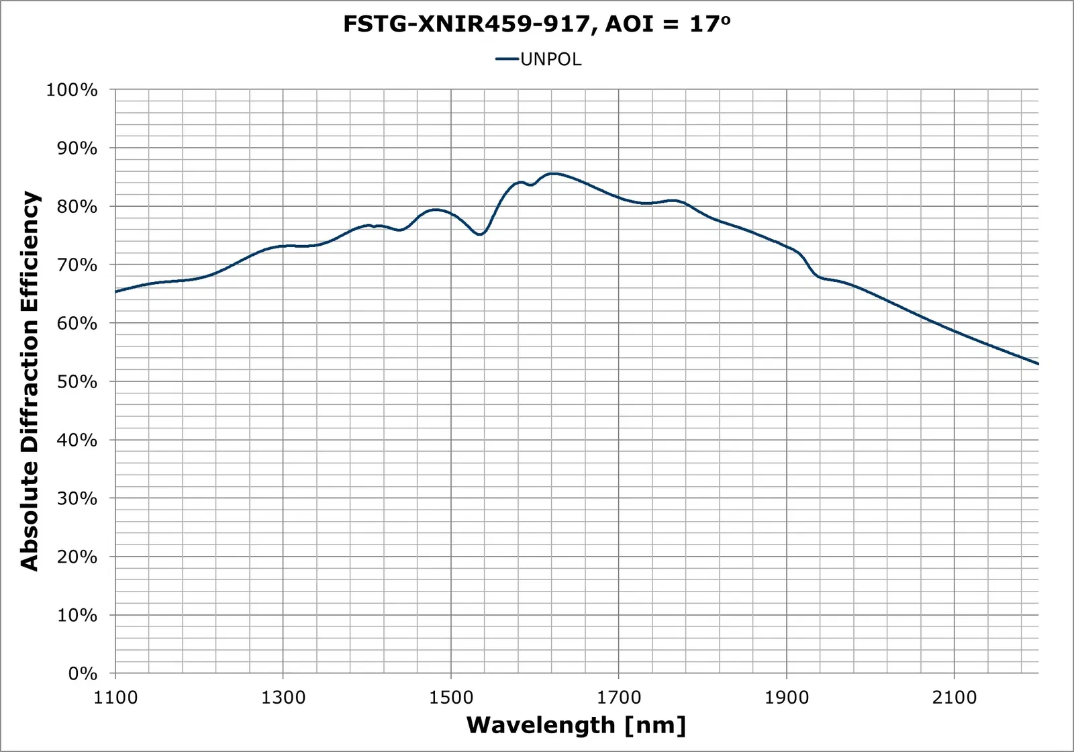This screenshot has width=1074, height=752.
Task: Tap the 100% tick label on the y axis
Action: point(72,90)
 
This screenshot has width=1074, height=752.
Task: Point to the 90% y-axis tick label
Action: point(75,148)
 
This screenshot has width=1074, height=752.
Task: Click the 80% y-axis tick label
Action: point(75,207)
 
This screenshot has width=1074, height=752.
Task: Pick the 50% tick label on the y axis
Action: point(75,382)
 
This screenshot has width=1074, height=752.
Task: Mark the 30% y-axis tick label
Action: point(75,499)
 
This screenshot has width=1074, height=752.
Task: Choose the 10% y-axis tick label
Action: point(75,616)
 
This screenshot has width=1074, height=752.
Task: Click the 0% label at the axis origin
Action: point(82,674)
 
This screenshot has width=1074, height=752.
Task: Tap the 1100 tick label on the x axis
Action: point(115,698)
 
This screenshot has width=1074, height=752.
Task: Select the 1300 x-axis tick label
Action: point(283,698)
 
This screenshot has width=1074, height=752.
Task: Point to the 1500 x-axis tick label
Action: point(451,698)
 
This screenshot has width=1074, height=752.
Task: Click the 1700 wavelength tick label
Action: point(619,698)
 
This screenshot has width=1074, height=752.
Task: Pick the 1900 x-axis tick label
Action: point(787,698)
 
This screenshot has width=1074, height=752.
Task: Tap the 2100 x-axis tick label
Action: point(955,698)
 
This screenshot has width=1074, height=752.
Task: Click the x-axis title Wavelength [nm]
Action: point(576,725)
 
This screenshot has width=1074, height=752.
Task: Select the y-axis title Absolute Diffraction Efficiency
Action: point(30,381)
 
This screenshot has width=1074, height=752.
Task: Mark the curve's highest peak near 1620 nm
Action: point(552,173)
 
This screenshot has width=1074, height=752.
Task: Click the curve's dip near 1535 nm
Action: point(480,234)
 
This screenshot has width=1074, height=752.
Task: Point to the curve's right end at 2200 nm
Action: point(1038,364)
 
